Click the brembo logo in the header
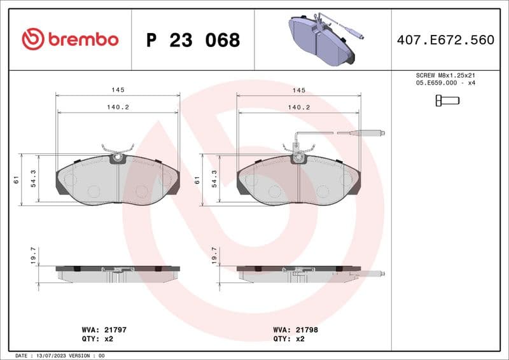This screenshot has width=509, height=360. pyautogui.click(x=70, y=39)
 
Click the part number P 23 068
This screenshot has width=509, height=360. pyautogui.click(x=193, y=40)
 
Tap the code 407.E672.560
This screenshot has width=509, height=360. pyautogui.click(x=445, y=40)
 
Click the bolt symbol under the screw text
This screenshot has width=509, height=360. pyautogui.click(x=447, y=100)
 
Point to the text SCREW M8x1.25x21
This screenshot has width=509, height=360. pyautogui.click(x=445, y=75)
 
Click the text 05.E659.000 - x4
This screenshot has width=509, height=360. pyautogui.click(x=445, y=83)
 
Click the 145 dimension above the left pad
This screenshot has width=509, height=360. pyautogui.click(x=117, y=90)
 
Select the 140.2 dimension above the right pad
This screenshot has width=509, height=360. pyautogui.click(x=298, y=107)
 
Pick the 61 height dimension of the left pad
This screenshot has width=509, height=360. pyautogui.click(x=15, y=180)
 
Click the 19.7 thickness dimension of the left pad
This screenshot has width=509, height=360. pyautogui.click(x=34, y=256)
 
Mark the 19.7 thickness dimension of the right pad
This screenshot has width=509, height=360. pyautogui.click(x=214, y=256)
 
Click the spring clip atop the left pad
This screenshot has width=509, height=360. pyautogui.click(x=117, y=151)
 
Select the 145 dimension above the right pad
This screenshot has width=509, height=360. pyautogui.click(x=298, y=90)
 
